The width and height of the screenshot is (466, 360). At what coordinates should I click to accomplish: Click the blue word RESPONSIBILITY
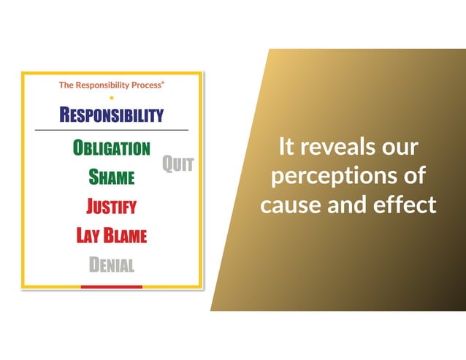point(111,115)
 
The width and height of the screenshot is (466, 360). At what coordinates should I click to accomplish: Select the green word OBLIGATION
point(111,148)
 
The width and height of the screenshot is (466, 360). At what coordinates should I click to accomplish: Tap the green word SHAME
point(111,177)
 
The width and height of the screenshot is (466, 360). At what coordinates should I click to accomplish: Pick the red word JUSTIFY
point(111,207)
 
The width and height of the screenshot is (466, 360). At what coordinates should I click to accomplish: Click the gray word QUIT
point(177,164)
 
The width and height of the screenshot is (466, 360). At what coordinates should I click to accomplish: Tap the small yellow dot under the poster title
point(111,96)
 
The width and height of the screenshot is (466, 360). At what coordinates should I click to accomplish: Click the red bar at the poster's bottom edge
point(111,287)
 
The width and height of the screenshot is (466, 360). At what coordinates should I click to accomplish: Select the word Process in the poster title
point(143,85)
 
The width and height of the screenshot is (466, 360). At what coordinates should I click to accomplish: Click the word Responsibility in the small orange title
point(99,85)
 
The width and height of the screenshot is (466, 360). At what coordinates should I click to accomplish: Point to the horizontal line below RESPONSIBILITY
point(111,130)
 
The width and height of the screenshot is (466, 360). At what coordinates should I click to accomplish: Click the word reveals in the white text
point(337,147)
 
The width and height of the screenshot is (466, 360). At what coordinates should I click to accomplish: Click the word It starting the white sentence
point(286,147)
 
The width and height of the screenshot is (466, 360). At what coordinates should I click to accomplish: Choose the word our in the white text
point(400,147)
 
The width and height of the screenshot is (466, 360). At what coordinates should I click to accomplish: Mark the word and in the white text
point(348,205)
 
